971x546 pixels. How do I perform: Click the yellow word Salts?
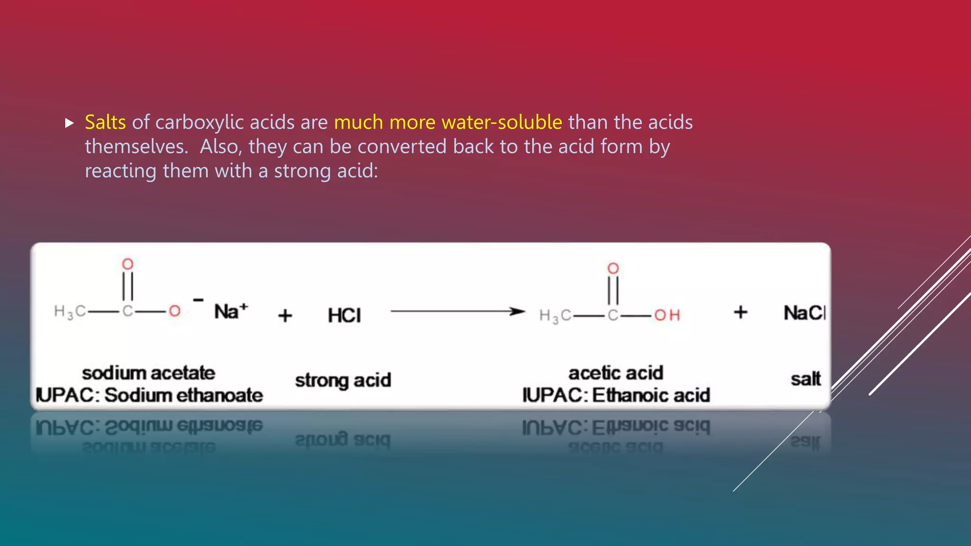pyautogui.click(x=105, y=122)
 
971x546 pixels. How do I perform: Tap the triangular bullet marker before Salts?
pyautogui.click(x=70, y=124)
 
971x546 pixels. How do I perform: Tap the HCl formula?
pyautogui.click(x=344, y=315)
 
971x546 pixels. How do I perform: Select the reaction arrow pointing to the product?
pyautogui.click(x=458, y=311)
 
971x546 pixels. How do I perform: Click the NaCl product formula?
pyautogui.click(x=805, y=313)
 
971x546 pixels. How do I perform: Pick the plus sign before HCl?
pyautogui.click(x=285, y=315)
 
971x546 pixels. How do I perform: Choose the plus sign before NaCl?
pyautogui.click(x=740, y=312)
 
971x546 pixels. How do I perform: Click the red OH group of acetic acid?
pyautogui.click(x=667, y=315)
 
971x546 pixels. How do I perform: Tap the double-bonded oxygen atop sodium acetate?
pyautogui.click(x=128, y=264)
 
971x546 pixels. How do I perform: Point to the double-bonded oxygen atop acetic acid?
pyautogui.click(x=613, y=268)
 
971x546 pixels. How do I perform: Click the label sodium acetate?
pyautogui.click(x=148, y=373)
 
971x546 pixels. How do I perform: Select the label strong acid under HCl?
pyautogui.click(x=343, y=381)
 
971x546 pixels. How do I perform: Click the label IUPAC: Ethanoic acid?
pyautogui.click(x=616, y=395)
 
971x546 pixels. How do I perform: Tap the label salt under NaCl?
pyautogui.click(x=806, y=379)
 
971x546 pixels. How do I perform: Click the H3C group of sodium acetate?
pyautogui.click(x=70, y=312)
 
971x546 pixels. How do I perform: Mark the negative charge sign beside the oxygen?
pyautogui.click(x=198, y=300)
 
